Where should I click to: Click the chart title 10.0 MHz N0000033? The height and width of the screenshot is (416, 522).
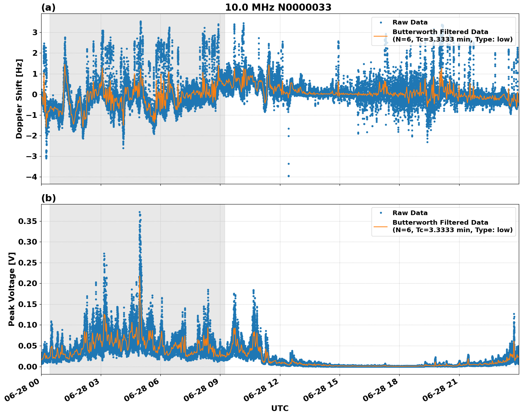tap(278, 7)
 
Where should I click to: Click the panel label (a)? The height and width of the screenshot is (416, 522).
tap(48, 7)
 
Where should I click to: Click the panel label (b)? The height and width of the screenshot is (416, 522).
tap(49, 198)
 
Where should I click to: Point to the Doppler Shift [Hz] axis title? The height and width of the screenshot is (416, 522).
tap(19, 99)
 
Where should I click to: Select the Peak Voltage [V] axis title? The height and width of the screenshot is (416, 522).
tap(12, 289)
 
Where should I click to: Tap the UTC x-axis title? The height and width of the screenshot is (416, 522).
tap(280, 408)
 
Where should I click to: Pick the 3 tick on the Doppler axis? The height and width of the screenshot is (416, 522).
tap(35, 32)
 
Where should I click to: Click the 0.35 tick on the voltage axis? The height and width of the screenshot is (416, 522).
tap(28, 221)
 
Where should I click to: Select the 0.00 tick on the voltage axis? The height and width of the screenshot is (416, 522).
tap(28, 366)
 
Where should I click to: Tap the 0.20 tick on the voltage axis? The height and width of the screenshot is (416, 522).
tap(28, 283)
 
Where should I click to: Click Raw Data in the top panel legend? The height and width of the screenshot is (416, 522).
tap(410, 22)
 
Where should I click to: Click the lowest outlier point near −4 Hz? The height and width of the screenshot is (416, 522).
tap(289, 176)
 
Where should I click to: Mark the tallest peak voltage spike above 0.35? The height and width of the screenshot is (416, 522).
tap(139, 212)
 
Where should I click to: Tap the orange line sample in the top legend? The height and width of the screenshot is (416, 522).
tap(381, 35)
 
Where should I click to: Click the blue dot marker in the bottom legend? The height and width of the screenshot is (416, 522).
tap(381, 213)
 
